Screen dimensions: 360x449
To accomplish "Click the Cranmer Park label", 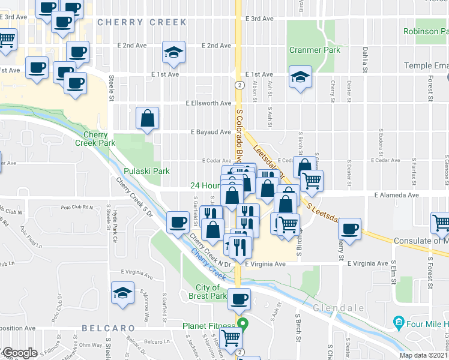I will (315, 50).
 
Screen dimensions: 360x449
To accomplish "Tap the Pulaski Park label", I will (152, 171).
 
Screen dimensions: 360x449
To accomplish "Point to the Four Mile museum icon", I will (399, 324).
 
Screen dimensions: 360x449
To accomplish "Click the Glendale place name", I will (339, 308).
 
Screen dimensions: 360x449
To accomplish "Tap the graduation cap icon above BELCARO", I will (122, 293).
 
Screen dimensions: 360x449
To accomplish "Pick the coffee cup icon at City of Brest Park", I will (240, 299).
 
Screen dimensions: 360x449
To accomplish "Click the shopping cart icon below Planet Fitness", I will (231, 338).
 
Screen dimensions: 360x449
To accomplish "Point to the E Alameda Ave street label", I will (396, 195).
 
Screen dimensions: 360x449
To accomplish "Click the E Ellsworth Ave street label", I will (208, 103).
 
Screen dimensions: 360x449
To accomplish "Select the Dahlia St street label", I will (364, 62).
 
